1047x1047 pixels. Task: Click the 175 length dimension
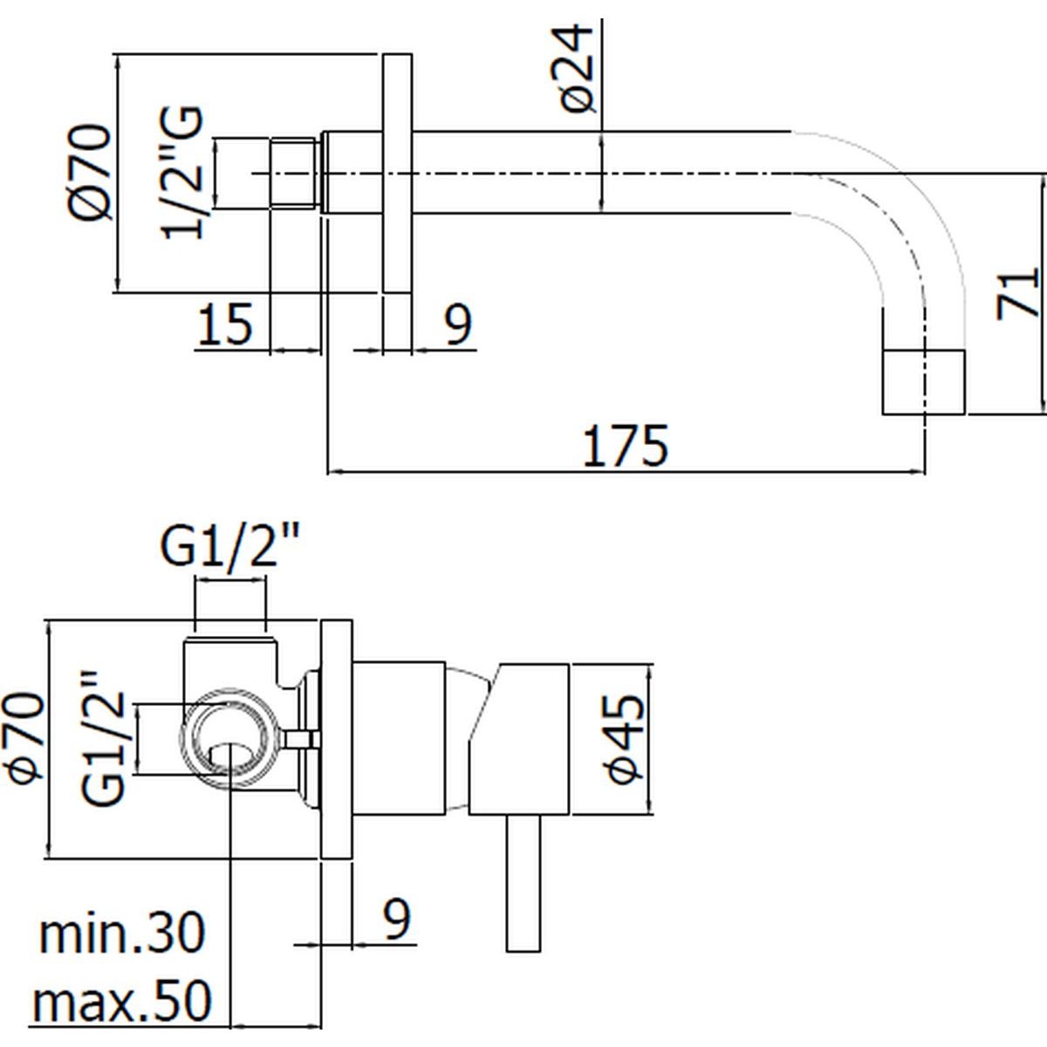pyautogui.click(x=625, y=446)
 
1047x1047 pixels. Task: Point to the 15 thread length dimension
pyautogui.click(x=225, y=324)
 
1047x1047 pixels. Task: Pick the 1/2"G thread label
pyautogui.click(x=182, y=173)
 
